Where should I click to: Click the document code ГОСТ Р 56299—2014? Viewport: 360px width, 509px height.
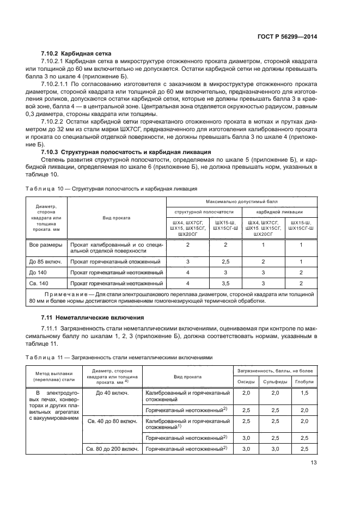click(288, 36)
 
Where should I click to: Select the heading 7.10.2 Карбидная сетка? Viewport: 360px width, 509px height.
click(76, 53)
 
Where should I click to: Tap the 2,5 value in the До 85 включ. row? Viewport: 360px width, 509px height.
click(225, 261)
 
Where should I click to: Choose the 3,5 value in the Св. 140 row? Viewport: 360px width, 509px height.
click(225, 283)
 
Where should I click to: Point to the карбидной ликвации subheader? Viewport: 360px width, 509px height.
click(279, 212)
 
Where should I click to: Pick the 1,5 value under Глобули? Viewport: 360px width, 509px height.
click(304, 393)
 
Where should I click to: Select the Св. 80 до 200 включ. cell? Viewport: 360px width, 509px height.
click(113, 449)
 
